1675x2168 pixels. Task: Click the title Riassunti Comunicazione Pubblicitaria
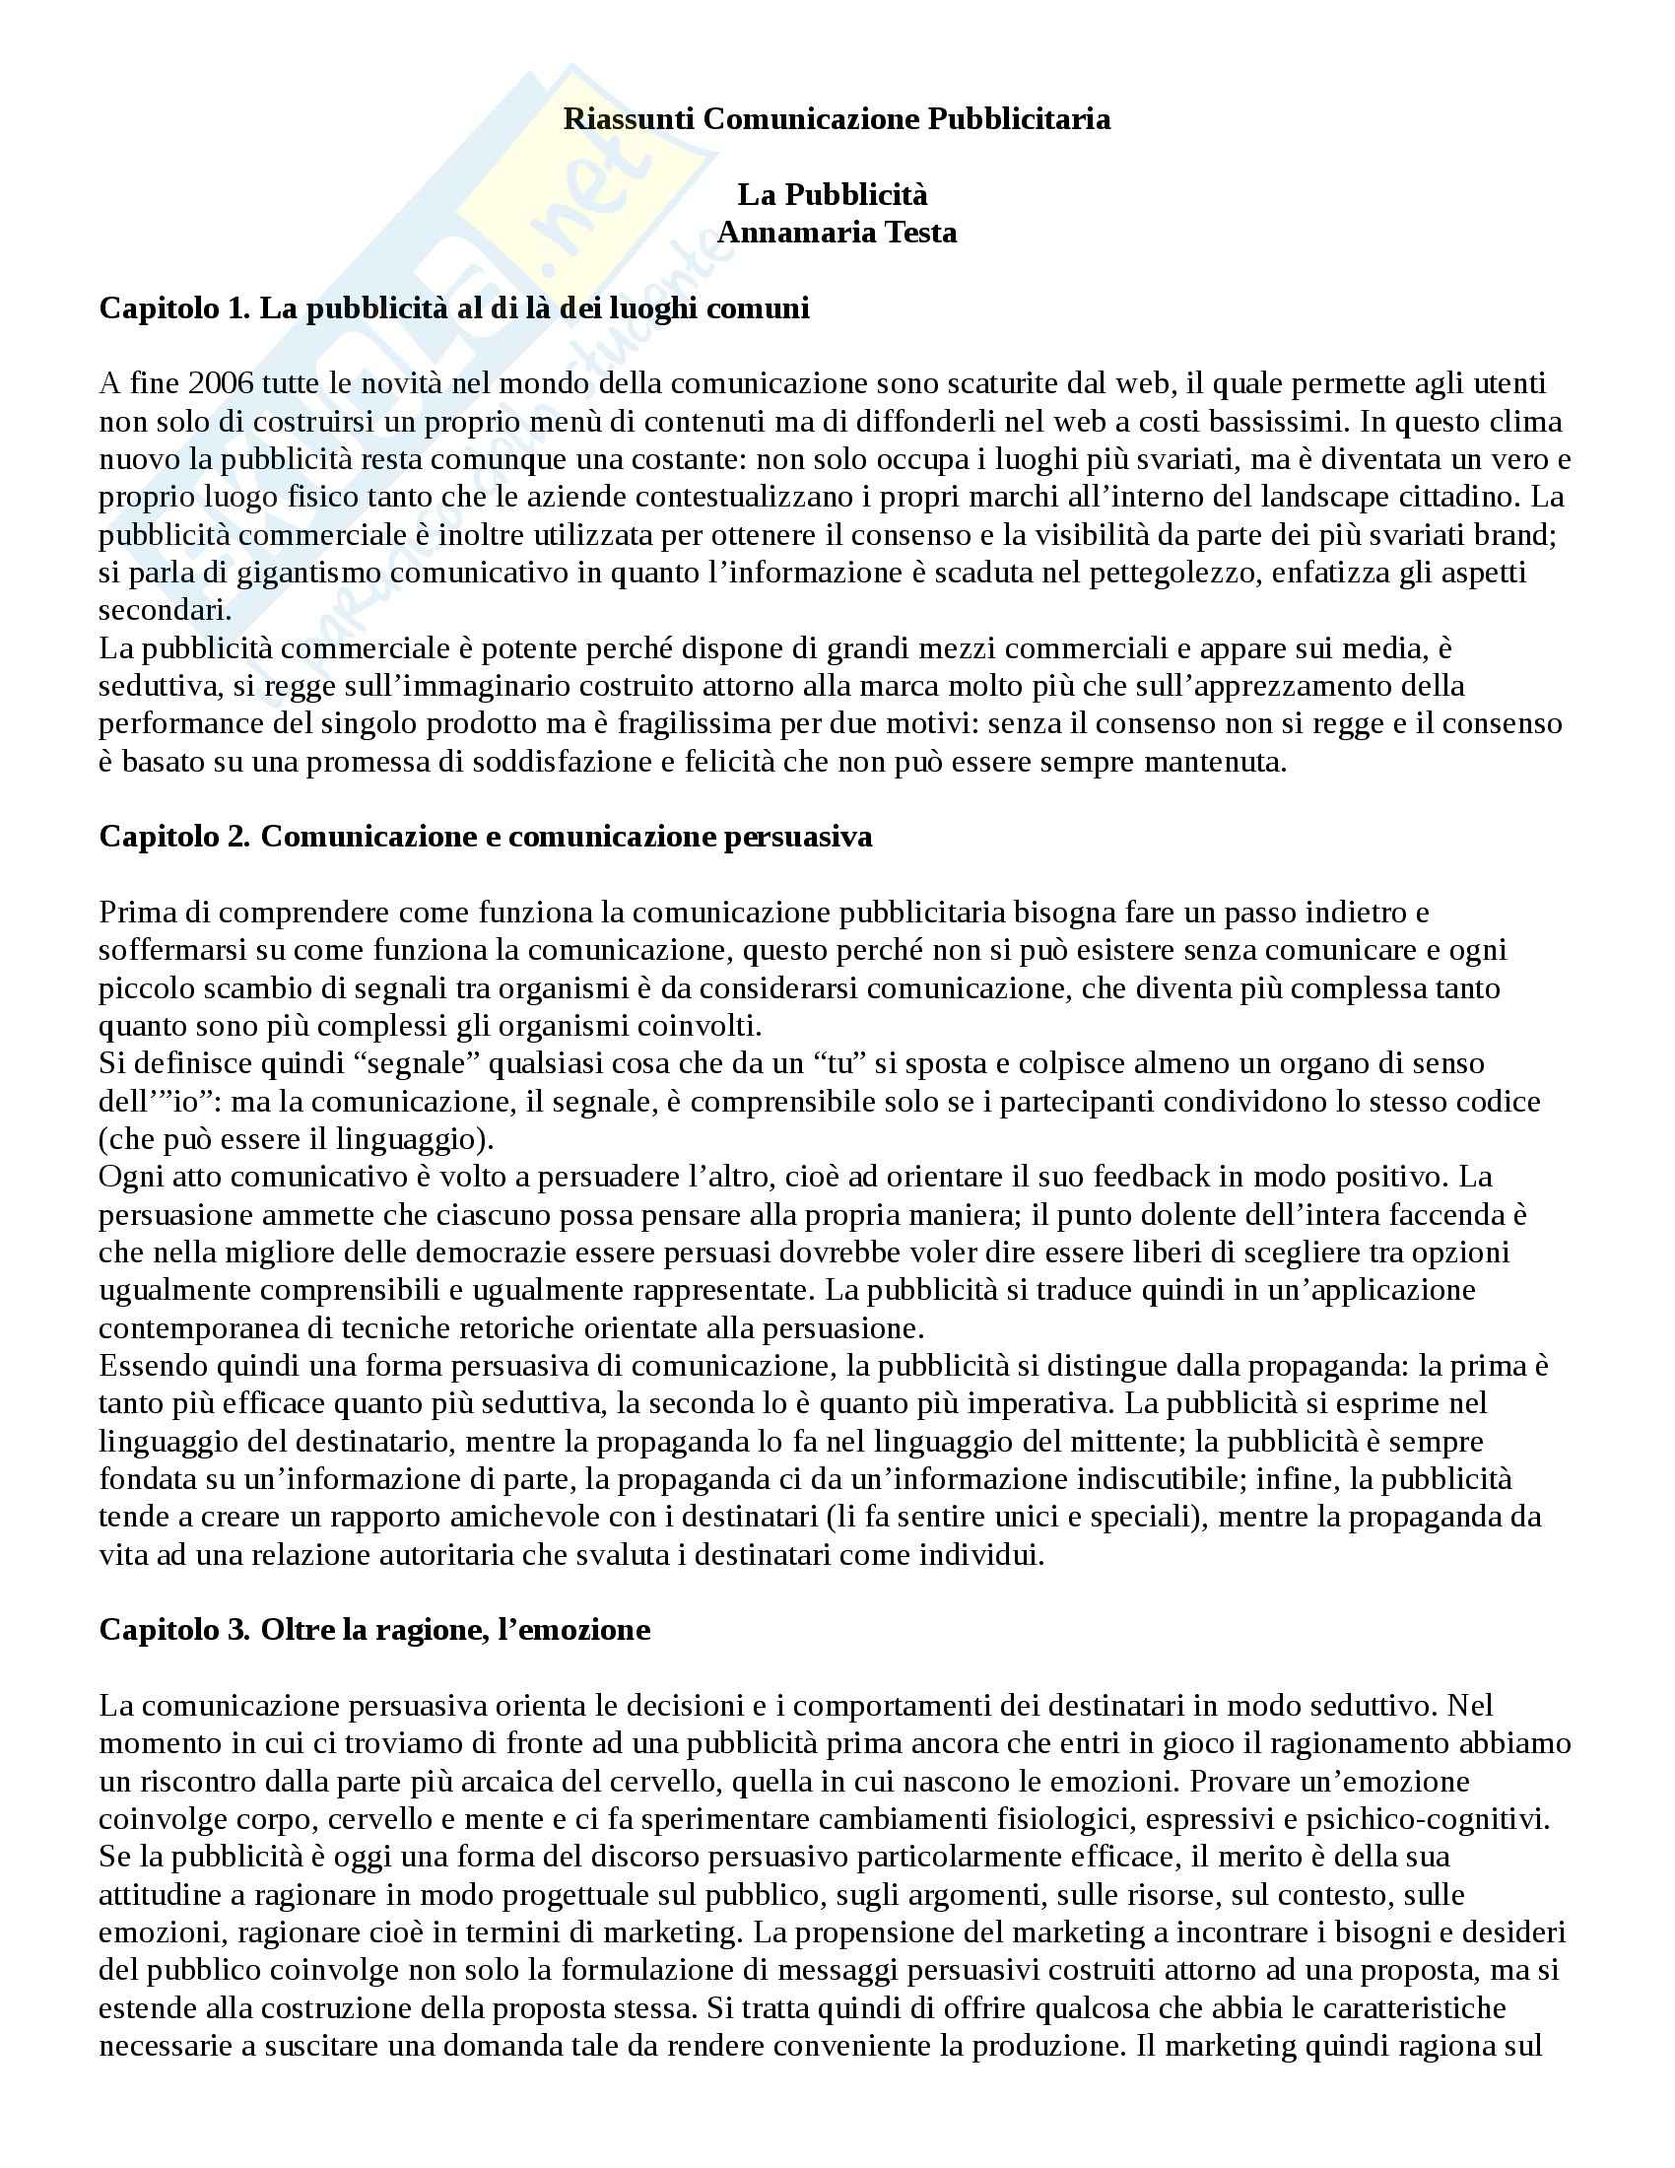(837, 120)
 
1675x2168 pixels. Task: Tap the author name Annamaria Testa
(837, 234)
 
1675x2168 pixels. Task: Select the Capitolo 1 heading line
(454, 308)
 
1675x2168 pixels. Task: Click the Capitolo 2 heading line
(485, 837)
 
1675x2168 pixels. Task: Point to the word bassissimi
(1278, 422)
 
